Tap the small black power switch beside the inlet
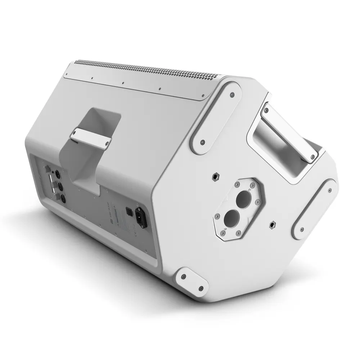coord(127,210)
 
